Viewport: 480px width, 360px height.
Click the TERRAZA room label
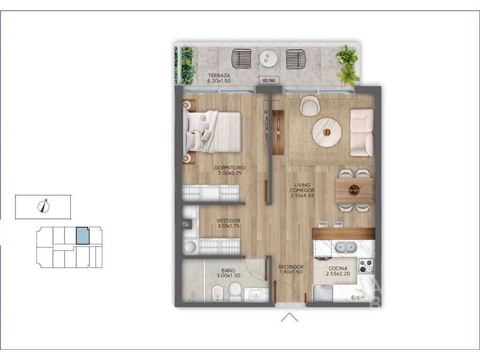pyautogui.click(x=219, y=75)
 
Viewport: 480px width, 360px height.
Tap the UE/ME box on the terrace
pyautogui.click(x=269, y=80)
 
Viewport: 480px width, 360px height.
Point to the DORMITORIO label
pyautogui.click(x=230, y=168)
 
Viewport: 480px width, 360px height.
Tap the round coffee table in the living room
pyautogui.click(x=327, y=132)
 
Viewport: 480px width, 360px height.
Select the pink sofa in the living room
pyautogui.click(x=361, y=133)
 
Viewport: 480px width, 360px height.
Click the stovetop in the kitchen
pyautogui.click(x=366, y=266)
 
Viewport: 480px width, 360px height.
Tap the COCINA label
pyautogui.click(x=338, y=269)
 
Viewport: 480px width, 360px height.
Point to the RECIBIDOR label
pyautogui.click(x=291, y=267)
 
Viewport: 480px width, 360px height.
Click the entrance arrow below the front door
pyautogui.click(x=289, y=317)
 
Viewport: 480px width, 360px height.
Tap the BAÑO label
pyautogui.click(x=228, y=270)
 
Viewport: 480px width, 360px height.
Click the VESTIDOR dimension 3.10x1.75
pyautogui.click(x=228, y=226)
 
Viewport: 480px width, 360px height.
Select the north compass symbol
pyautogui.click(x=44, y=206)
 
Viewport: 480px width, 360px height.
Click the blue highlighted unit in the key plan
pyautogui.click(x=82, y=236)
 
